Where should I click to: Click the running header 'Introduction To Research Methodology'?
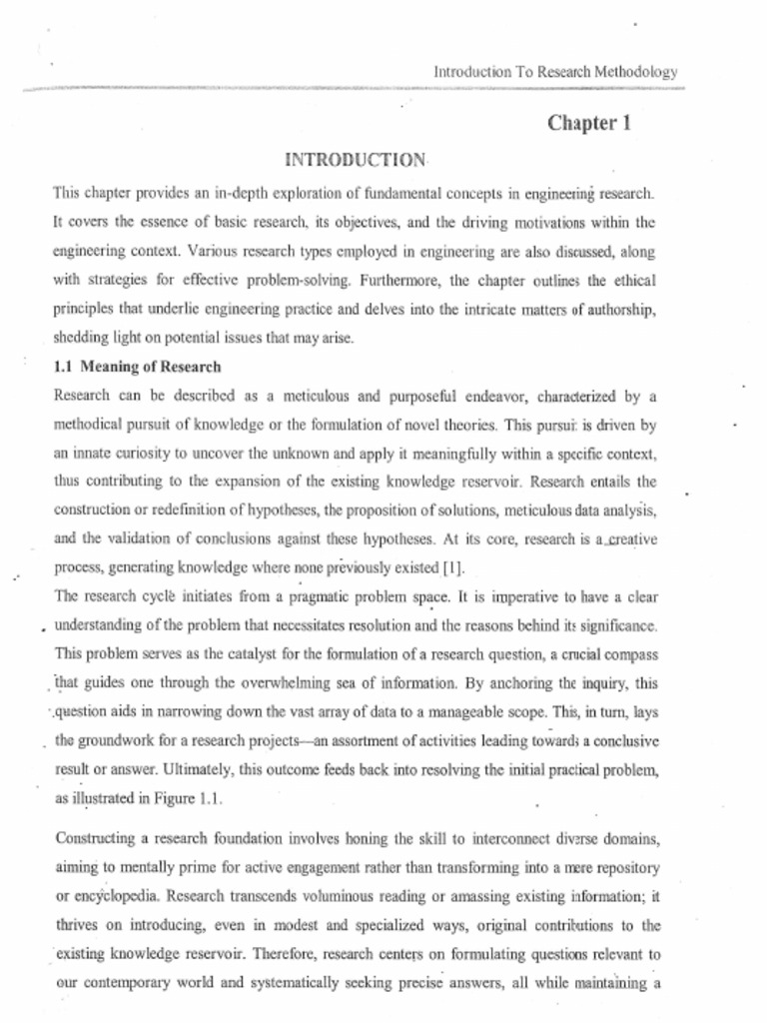click(556, 72)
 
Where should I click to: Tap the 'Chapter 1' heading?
click(589, 124)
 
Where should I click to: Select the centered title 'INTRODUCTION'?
click(356, 160)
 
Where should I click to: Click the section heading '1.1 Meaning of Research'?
click(137, 367)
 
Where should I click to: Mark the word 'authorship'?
click(612, 309)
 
